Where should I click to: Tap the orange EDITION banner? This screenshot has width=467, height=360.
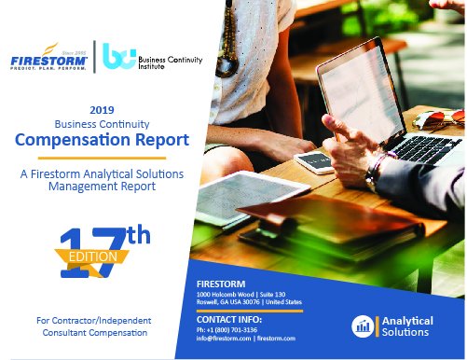tap(89, 255)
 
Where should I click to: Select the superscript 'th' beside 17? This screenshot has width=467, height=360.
tap(137, 235)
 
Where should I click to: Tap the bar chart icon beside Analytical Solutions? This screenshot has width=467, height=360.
tap(362, 325)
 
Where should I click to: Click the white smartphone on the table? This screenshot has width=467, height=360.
tap(315, 161)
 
